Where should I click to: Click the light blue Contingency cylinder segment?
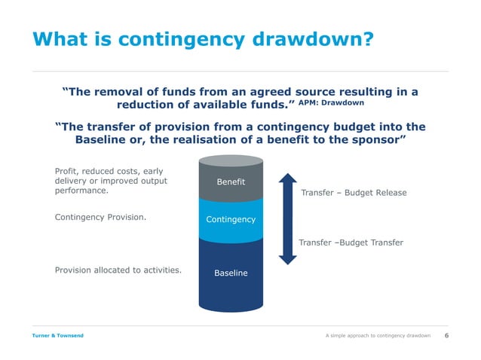[x=230, y=219]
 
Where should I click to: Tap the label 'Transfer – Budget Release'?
[x=354, y=193]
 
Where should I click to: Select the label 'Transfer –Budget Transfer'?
[x=351, y=243]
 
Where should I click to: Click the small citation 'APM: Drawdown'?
[x=332, y=102]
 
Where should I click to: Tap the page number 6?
[x=446, y=334]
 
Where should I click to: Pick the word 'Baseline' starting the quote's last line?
[x=104, y=141]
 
